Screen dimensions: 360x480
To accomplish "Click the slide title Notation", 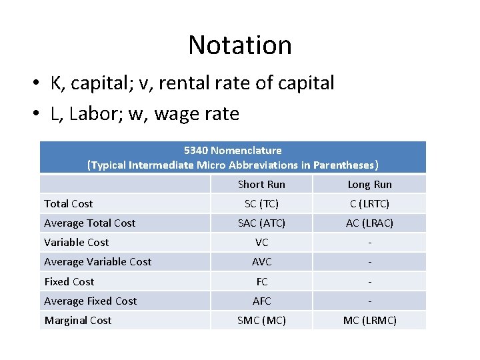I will click(x=240, y=45).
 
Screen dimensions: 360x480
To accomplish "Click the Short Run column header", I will click(x=261, y=185).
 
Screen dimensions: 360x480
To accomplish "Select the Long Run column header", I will click(x=369, y=185).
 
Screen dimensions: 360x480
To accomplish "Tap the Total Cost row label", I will click(x=69, y=204).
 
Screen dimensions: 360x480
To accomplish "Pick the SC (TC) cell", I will click(x=261, y=204).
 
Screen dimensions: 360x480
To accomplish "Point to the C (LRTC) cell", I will click(x=369, y=204).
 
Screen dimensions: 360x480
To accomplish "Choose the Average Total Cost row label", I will click(x=89, y=223).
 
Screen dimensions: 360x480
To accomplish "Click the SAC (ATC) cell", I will click(x=261, y=223).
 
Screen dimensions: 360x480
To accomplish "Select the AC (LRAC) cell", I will click(x=369, y=223).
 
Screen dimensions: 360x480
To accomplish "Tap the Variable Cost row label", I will click(x=76, y=243).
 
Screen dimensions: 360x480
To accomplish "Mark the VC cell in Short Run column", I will click(x=261, y=243).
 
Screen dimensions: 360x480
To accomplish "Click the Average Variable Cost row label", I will click(x=97, y=262).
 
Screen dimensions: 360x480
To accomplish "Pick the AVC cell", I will click(x=261, y=262).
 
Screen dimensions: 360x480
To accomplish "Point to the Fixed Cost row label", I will click(x=69, y=281).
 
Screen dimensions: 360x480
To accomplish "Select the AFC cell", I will click(x=261, y=301).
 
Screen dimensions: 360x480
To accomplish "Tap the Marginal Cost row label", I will click(x=78, y=321).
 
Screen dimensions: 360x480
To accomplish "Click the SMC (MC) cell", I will click(x=261, y=321).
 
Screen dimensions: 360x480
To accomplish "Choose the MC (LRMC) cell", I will click(x=369, y=321).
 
